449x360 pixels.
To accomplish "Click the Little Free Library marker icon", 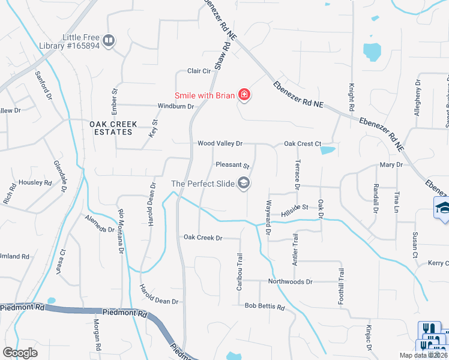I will (109, 41).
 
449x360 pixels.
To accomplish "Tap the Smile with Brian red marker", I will (244, 95).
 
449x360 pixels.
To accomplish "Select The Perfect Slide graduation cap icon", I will (243, 183).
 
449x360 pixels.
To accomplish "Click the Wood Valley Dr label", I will (220, 143).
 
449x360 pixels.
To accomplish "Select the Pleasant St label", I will (232, 164).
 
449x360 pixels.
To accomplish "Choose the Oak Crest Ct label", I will (299, 144).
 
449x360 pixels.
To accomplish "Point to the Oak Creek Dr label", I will (203, 238).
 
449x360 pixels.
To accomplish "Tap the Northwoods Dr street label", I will (291, 281).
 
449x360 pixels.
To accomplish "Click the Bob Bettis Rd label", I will (264, 306).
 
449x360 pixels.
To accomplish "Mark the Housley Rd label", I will (35, 182).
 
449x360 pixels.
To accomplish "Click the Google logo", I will (20, 352).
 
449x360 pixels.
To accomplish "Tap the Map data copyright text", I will (423, 355).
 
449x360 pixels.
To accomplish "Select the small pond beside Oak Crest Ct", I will (328, 150).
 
